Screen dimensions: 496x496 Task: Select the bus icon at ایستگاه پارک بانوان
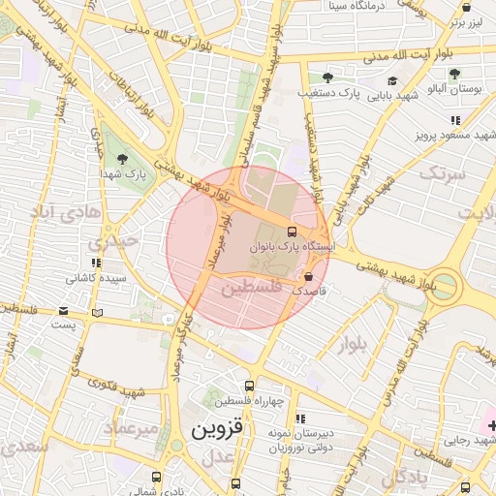tap(292, 232)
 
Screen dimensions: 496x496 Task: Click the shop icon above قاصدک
tap(309, 277)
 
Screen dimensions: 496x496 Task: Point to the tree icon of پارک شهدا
tap(122, 159)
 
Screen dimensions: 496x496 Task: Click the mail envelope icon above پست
tap(64, 311)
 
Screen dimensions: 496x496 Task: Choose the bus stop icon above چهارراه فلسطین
tap(250, 386)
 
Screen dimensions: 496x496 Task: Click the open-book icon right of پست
tap(97, 312)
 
